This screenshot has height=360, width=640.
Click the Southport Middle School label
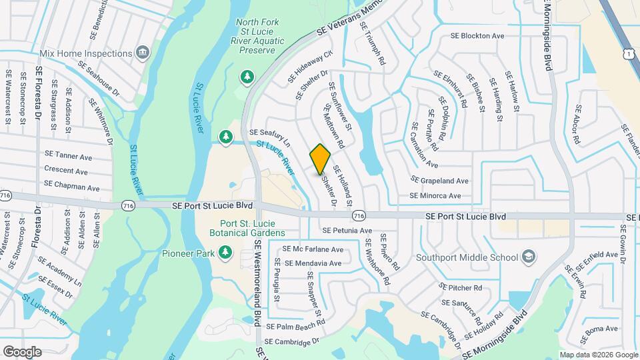[467, 257]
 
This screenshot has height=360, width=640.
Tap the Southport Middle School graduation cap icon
[528, 257]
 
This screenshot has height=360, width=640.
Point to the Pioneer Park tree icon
[226, 253]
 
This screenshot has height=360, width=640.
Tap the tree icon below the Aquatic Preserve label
[247, 77]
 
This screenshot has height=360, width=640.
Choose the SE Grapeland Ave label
[440, 181]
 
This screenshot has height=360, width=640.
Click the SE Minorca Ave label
[435, 196]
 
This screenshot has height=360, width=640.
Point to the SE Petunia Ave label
[347, 231]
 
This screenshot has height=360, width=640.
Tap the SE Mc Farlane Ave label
[313, 249]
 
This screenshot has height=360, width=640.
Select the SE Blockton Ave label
[477, 36]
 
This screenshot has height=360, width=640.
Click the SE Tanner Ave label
[68, 156]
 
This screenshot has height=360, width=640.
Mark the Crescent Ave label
[66, 171]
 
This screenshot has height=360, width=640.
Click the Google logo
[22, 351]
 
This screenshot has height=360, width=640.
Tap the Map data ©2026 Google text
[597, 354]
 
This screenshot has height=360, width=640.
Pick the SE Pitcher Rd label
[461, 288]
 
